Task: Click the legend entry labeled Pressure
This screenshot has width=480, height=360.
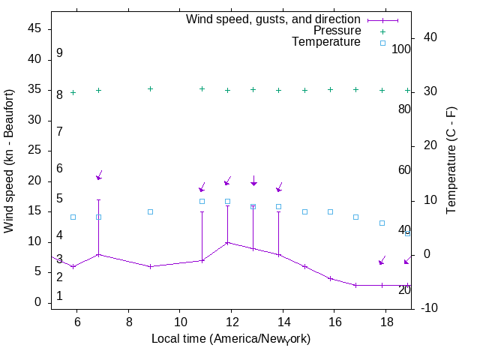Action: [x=337, y=31]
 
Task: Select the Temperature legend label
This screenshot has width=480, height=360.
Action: [x=326, y=42]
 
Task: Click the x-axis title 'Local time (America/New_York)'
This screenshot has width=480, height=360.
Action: [x=231, y=339]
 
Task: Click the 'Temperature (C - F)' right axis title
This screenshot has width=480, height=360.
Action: [x=452, y=160]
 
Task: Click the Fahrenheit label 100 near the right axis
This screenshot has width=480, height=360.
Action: [x=401, y=49]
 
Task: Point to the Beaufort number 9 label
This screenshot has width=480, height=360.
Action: [x=59, y=53]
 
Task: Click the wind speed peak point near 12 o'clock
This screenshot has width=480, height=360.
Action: [x=227, y=242]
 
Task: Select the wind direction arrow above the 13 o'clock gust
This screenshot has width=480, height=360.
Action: [x=253, y=181]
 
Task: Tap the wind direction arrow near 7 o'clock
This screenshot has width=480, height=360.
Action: [x=99, y=175]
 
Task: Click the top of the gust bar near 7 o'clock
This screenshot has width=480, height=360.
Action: [x=98, y=200]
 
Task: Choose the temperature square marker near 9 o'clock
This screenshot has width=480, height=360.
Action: [x=150, y=211]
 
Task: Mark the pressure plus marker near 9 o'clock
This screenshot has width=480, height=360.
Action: [x=150, y=88]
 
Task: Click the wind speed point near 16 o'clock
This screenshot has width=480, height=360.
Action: [x=330, y=278]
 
